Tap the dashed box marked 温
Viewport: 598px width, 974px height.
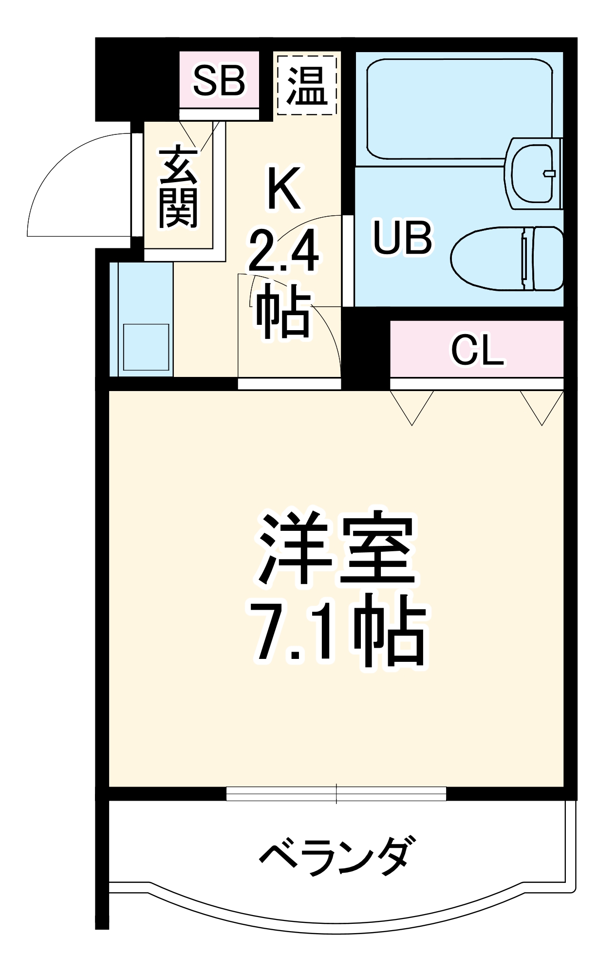point(307,85)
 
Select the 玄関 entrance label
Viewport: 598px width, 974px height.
point(178,187)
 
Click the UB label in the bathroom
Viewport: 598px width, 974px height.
point(402,238)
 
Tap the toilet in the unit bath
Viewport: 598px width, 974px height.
point(506,259)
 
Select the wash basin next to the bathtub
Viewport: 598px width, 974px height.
point(533,173)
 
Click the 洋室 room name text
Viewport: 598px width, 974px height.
point(336,548)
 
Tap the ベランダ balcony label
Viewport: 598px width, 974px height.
point(337,856)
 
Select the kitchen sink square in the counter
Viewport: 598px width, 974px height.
point(146,347)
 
